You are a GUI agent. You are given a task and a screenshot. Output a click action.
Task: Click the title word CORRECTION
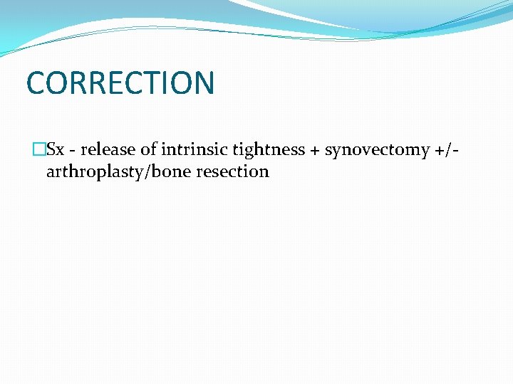[x=120, y=82]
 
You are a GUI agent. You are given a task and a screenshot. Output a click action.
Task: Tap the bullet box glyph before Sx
[x=38, y=149]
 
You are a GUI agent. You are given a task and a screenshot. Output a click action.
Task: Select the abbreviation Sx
[x=55, y=149]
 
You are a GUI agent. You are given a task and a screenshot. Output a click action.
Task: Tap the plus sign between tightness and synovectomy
[x=315, y=150]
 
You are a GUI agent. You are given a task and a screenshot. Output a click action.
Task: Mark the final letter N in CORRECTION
[x=203, y=82]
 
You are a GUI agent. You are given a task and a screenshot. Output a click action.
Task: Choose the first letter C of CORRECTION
[x=36, y=82]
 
